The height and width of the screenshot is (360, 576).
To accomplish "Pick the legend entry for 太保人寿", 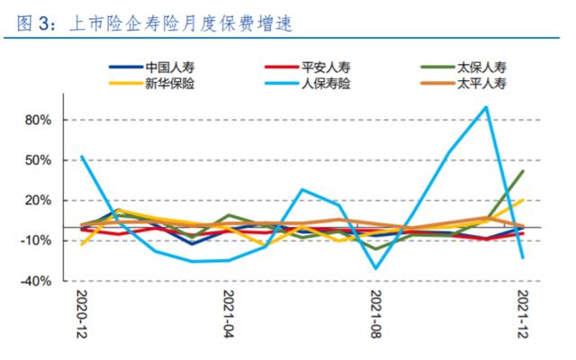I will pyautogui.click(x=481, y=67).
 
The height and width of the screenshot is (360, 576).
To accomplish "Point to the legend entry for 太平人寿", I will pyautogui.click(x=481, y=84).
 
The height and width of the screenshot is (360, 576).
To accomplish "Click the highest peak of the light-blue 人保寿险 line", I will pyautogui.click(x=486, y=107).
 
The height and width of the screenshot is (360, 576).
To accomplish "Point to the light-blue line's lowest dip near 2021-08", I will pyautogui.click(x=376, y=268).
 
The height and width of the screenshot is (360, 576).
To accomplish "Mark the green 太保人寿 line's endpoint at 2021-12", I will pyautogui.click(x=523, y=171).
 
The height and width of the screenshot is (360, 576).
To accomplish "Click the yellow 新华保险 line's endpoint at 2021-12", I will pyautogui.click(x=523, y=200).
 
